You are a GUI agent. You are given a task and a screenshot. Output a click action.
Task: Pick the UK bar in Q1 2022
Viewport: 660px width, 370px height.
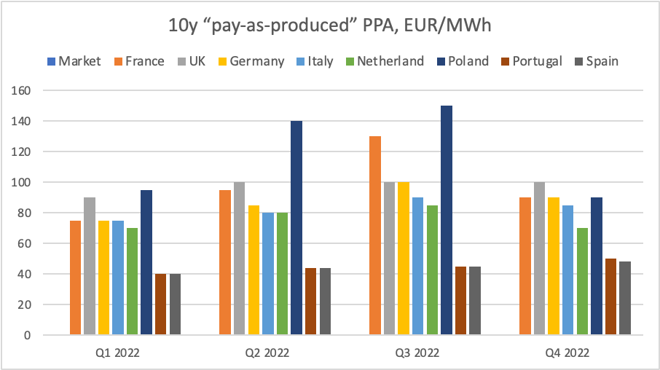(x=90, y=266)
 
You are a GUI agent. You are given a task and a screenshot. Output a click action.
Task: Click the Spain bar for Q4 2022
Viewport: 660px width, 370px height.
(x=624, y=298)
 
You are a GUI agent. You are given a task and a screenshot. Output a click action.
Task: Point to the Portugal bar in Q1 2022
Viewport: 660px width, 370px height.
(x=160, y=304)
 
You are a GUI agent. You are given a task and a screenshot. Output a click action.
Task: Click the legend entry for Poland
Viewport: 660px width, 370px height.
(x=463, y=61)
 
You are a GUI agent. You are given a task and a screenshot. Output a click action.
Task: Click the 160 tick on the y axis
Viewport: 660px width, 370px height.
(x=24, y=91)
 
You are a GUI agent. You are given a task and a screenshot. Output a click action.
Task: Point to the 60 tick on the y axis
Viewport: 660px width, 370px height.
(x=27, y=244)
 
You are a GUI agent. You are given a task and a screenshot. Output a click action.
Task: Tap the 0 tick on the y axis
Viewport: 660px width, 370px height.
(x=30, y=336)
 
